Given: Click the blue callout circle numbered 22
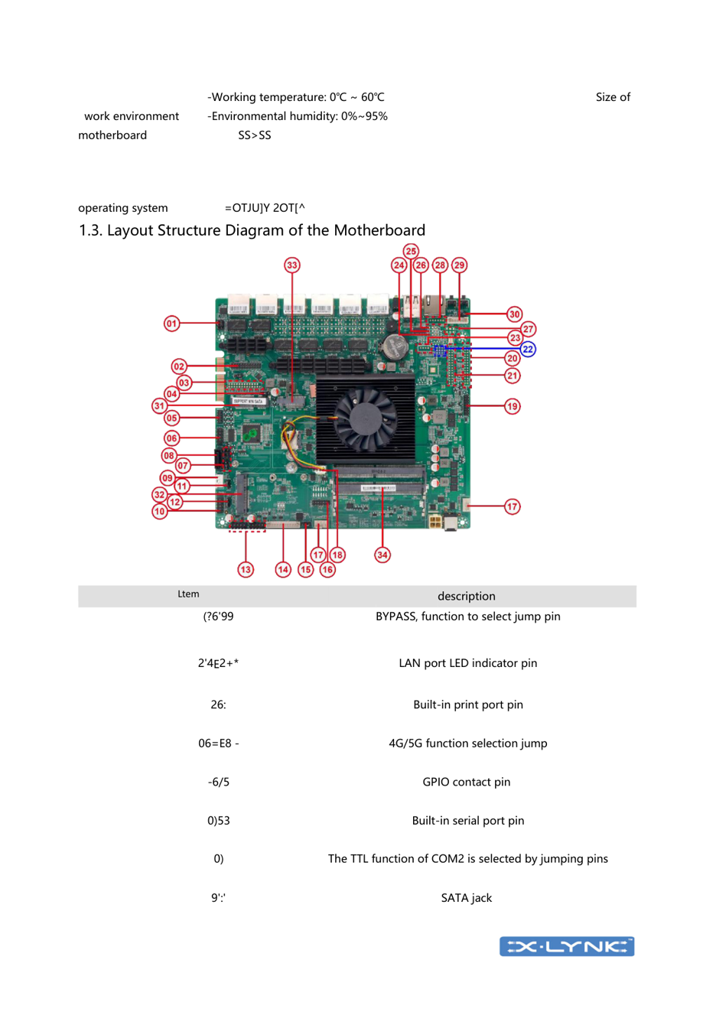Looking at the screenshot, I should [528, 349].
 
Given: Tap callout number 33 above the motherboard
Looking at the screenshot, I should [292, 265].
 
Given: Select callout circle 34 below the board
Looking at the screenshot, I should [382, 555].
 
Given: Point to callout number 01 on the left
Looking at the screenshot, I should [172, 324].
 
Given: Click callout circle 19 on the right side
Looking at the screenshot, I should [513, 406].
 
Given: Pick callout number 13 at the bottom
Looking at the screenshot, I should [246, 569].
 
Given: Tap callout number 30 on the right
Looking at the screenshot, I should [514, 314].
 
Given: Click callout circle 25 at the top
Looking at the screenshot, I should [411, 252].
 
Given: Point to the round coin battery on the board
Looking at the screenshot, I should [394, 348].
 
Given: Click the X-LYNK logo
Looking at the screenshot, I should [567, 946].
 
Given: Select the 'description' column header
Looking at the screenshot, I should [466, 596].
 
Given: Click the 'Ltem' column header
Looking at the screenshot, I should [188, 594].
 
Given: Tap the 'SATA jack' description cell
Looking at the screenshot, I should [466, 898].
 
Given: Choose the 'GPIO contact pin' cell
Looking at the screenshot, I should [466, 782].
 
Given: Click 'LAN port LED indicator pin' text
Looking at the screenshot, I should [467, 663].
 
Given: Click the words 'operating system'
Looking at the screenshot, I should [123, 208].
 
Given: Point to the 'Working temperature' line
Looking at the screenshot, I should [296, 97].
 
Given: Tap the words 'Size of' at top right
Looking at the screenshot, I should [613, 97].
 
